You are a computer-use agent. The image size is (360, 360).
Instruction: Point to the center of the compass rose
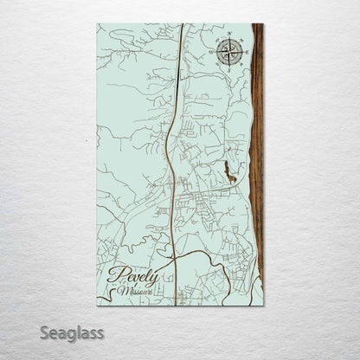click(x=229, y=51)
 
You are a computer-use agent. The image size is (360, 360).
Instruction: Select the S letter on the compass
click(x=229, y=66)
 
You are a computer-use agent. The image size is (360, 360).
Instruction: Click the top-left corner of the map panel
click(x=96, y=23)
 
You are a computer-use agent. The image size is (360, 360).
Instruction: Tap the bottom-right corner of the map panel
click(x=263, y=306)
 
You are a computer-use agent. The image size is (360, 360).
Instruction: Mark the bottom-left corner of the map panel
click(x=96, y=306)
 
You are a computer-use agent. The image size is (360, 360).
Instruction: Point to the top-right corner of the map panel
click(x=263, y=23)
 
